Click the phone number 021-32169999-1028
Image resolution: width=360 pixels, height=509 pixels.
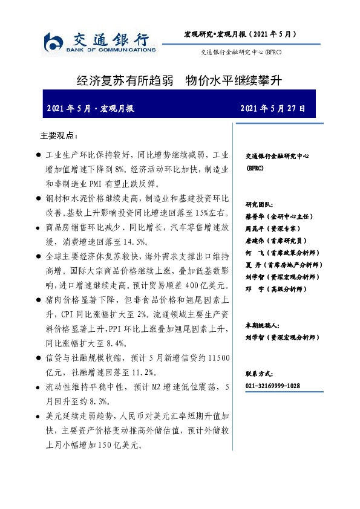[273, 386]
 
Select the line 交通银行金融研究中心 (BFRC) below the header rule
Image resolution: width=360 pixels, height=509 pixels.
[241, 53]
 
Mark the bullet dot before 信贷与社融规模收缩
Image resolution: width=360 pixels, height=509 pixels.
[39, 359]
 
